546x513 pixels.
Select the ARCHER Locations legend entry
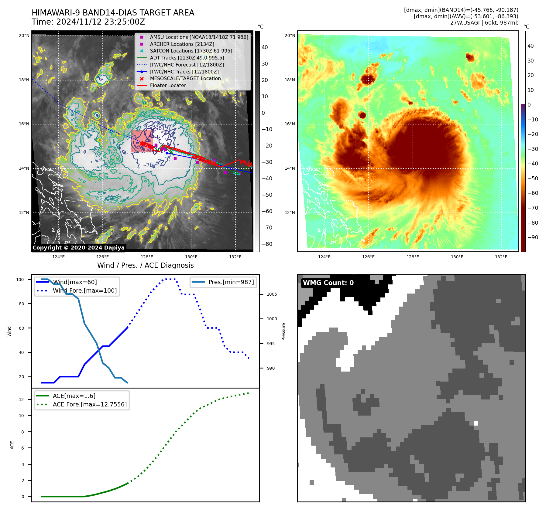pyautogui.click(x=182, y=44)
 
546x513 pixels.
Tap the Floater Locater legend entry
pyautogui.click(x=168, y=86)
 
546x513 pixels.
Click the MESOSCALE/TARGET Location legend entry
pyautogui.click(x=185, y=79)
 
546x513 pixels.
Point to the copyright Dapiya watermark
pyautogui.click(x=78, y=248)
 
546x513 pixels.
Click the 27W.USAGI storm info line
pyautogui.click(x=484, y=23)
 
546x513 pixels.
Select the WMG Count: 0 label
pyautogui.click(x=328, y=283)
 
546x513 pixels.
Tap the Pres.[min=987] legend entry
pyautogui.click(x=231, y=282)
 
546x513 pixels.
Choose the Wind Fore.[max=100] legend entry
pyautogui.click(x=84, y=290)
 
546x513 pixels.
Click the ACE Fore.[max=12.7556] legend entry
pyautogui.click(x=90, y=404)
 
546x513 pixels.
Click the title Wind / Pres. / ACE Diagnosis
pyautogui.click(x=145, y=265)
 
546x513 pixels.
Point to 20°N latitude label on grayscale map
pyautogui.click(x=24, y=36)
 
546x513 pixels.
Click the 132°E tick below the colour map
pyautogui.click(x=501, y=257)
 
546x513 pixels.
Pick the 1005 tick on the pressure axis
pyautogui.click(x=272, y=294)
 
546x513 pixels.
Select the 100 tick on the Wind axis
pyautogui.click(x=20, y=280)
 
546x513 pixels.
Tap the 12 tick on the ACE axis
pyautogui.click(x=21, y=399)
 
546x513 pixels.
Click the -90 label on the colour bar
pyautogui.click(x=533, y=237)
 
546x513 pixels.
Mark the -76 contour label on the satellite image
pyautogui.click(x=148, y=165)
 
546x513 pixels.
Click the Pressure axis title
pyautogui.click(x=283, y=331)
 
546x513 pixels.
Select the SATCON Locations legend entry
pyautogui.click(x=191, y=51)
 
